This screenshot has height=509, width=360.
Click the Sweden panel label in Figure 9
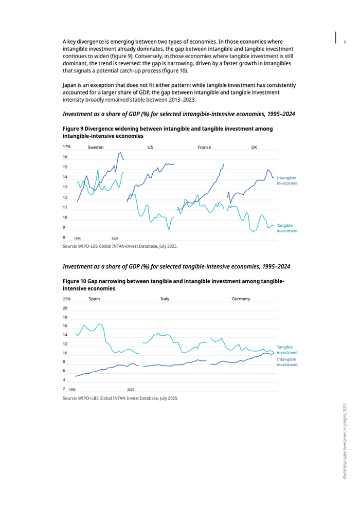tap(96, 148)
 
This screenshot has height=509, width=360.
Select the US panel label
tap(150, 148)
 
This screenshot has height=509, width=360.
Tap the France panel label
tap(204, 148)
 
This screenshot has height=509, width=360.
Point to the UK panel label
tap(254, 148)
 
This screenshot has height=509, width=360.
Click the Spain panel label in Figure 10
tap(94, 299)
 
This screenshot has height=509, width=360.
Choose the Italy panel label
tap(165, 299)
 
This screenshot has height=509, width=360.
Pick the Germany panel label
tap(241, 299)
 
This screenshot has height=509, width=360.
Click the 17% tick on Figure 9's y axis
tap(66, 147)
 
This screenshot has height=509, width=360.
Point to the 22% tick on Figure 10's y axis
tap(66, 299)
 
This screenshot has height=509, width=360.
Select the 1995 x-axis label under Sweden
tap(77, 239)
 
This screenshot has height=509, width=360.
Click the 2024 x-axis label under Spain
tap(131, 390)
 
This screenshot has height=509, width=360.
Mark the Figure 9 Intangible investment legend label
tap(287, 180)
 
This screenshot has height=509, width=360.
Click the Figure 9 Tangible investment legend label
tap(287, 228)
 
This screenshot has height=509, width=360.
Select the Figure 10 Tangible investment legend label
tap(287, 350)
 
